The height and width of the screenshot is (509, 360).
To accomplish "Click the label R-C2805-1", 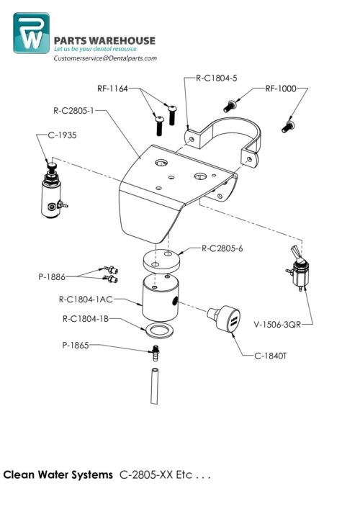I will (74, 112).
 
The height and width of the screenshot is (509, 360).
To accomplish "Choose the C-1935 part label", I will (62, 135).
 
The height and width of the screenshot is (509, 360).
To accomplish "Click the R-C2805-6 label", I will (222, 248).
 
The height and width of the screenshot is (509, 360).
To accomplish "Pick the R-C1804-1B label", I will (84, 317).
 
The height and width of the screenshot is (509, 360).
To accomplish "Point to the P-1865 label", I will (76, 346).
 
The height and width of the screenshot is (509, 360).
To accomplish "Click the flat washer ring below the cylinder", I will (158, 330).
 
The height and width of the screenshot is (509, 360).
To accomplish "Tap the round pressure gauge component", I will (224, 319).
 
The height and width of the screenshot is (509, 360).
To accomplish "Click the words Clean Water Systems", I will (58, 475).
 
